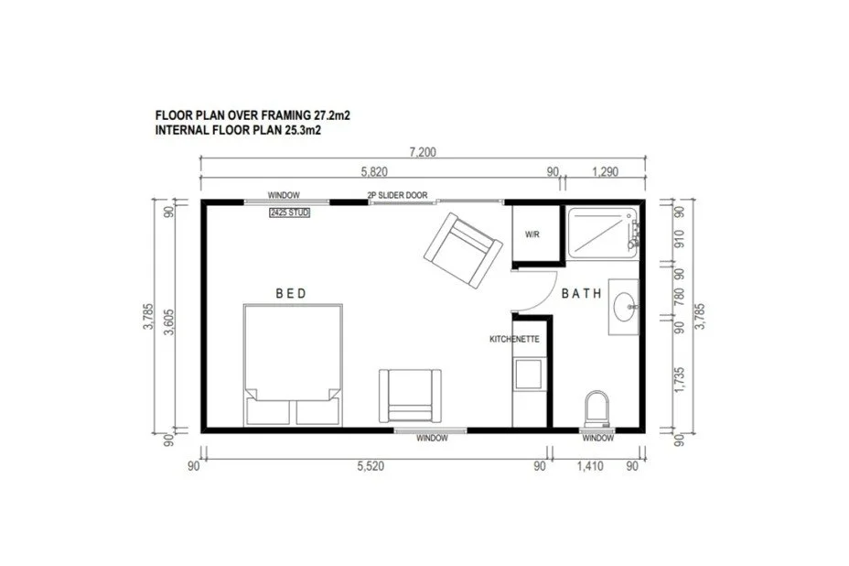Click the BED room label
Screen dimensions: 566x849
pos(291,294)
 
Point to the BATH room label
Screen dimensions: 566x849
pos(581,294)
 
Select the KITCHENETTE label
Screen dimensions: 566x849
pos(514,339)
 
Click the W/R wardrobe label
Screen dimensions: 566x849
pos(532,234)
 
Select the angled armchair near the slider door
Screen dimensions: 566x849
pos(463,250)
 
